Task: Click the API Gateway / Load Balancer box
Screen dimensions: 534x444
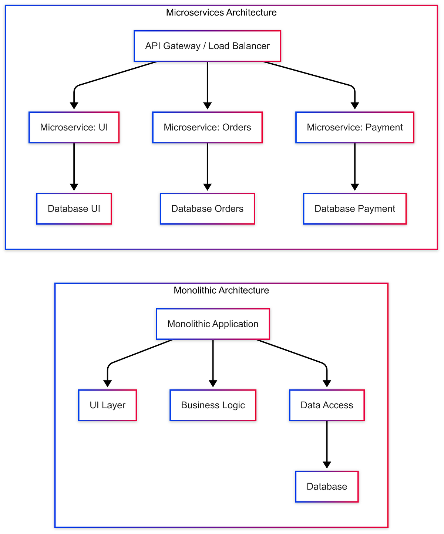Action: [x=207, y=46]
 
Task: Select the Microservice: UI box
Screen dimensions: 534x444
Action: [x=74, y=128]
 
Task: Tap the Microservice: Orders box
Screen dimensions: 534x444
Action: [x=207, y=128]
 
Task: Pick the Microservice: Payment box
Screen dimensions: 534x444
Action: [x=354, y=128]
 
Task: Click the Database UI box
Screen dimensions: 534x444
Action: [x=74, y=209]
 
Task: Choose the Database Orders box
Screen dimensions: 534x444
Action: [x=207, y=209]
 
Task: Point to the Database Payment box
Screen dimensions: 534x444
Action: [x=354, y=209]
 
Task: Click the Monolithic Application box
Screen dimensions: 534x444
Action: [x=213, y=324]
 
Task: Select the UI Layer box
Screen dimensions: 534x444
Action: [x=107, y=405]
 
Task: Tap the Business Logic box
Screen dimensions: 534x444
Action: [x=213, y=405]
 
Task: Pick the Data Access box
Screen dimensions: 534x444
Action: [x=327, y=405]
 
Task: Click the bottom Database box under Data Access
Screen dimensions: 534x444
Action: [x=327, y=487]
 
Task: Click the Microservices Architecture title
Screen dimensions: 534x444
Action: [x=221, y=13]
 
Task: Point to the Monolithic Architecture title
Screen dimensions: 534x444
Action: [x=221, y=290]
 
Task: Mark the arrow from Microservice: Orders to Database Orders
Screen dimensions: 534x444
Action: [x=207, y=166]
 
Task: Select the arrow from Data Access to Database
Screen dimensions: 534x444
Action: [x=327, y=444]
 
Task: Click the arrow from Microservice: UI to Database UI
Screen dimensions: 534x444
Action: [x=74, y=166]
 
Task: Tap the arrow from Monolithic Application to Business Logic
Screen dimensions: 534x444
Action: [x=213, y=362]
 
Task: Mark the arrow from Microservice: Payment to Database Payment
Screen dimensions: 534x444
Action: [x=354, y=166]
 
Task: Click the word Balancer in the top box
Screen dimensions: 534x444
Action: [x=254, y=46]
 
